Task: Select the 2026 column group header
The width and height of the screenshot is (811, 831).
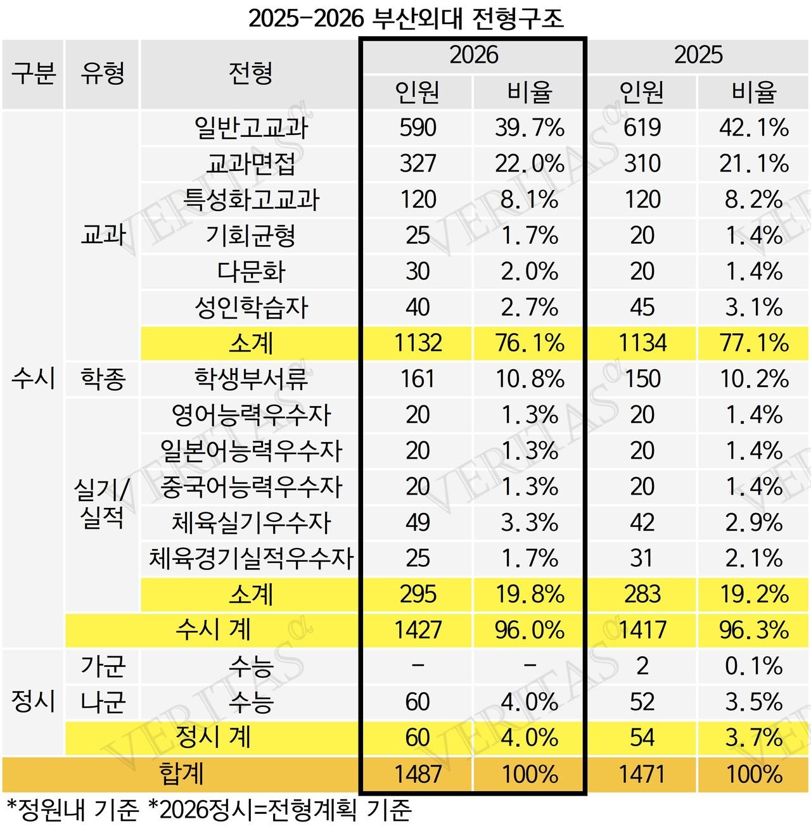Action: coord(473,55)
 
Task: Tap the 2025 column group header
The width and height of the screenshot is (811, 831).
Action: coord(698,55)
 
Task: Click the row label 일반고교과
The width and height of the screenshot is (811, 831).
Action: coord(251,128)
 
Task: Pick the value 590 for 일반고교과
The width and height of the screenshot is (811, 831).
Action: coord(418,128)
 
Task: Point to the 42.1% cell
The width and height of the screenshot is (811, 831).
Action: coord(753,128)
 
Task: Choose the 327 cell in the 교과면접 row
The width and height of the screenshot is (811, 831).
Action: coord(418,164)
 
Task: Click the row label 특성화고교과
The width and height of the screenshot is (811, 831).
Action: coord(251,200)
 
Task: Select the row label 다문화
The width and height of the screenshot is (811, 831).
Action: coord(251,272)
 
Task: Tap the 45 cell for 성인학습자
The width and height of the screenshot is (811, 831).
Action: coord(642,308)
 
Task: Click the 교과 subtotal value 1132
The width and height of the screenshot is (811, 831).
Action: coord(418,343)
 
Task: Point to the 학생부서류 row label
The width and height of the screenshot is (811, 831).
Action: coord(251,379)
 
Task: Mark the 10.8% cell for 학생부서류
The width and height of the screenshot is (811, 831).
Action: coord(529,379)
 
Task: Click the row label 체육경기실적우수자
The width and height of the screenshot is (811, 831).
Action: coord(251,559)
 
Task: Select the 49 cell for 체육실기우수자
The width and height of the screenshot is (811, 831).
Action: coord(418,523)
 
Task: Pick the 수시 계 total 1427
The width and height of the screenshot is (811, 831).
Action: coord(418,630)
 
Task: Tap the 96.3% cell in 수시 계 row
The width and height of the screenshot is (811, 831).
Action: coord(753,630)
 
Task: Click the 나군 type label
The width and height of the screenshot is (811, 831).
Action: coord(103,702)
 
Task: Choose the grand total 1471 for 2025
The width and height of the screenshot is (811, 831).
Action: coord(642,774)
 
